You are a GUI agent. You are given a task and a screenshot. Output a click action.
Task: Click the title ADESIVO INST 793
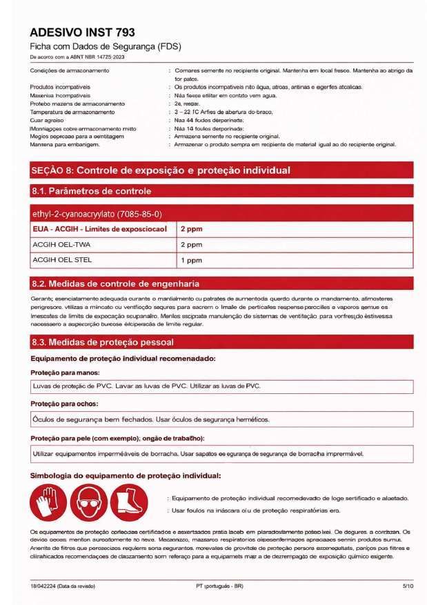click(82, 32)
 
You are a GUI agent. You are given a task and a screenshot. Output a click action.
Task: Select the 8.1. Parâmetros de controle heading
click(91, 191)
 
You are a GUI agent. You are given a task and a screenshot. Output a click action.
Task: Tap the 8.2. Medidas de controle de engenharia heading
click(115, 283)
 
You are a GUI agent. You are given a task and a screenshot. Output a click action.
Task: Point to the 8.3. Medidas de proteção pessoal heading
click(102, 342)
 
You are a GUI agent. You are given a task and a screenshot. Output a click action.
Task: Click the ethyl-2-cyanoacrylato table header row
click(97, 215)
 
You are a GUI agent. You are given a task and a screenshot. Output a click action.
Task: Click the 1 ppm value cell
click(191, 261)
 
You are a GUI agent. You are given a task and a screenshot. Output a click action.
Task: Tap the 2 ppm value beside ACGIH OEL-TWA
click(191, 244)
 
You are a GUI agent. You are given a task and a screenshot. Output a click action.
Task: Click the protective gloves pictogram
click(48, 504)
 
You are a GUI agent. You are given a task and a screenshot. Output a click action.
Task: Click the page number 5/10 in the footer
click(407, 585)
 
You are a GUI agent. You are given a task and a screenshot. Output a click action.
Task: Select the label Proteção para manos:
click(61, 373)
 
